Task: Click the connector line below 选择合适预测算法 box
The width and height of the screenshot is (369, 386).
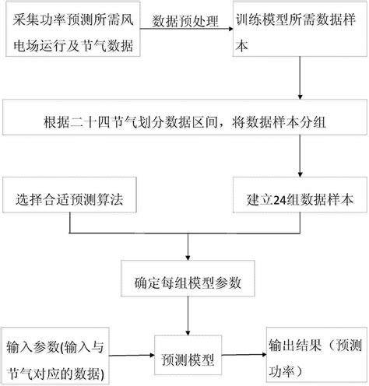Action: pyautogui.click(x=71, y=225)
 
